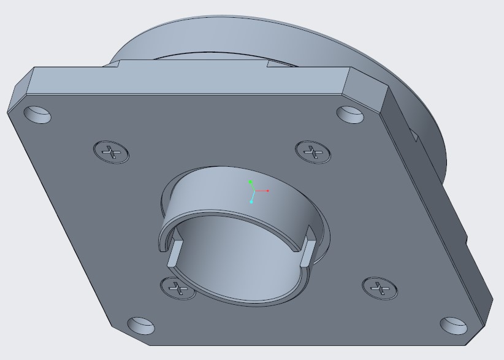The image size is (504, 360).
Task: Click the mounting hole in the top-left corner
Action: coord(38,114)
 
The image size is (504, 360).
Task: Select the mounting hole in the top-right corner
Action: coord(351,113)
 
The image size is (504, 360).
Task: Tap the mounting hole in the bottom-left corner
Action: coord(141,325)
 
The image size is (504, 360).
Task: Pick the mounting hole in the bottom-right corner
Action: coord(454,325)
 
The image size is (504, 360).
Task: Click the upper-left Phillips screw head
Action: coord(112,151)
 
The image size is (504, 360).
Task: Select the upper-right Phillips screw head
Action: coord(314,150)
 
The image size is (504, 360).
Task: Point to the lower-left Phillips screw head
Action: coord(178,287)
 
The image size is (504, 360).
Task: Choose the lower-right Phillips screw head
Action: coord(380,287)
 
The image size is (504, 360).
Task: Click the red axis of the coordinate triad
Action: coord(262,191)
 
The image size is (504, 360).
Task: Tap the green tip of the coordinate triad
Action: coord(251,182)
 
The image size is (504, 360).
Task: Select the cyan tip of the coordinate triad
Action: coord(251,201)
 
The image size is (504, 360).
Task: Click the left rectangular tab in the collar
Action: coord(174,251)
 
